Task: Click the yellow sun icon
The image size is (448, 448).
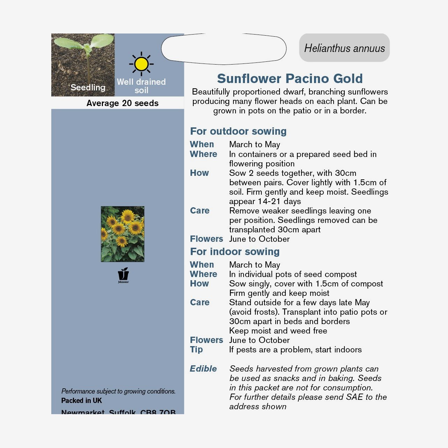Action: coord(141,64)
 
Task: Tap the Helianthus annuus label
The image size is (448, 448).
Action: coord(344,48)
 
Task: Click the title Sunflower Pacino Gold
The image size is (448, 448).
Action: coord(290,79)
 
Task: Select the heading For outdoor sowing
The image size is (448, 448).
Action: coord(238,131)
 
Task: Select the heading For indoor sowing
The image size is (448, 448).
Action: coord(234,252)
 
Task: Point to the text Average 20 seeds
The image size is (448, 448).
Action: coord(122,103)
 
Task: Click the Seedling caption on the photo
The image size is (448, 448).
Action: coord(88,87)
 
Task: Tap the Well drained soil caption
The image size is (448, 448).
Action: coord(141,86)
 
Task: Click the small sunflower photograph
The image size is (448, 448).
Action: coord(122,234)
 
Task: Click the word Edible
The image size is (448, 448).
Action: coord(203,369)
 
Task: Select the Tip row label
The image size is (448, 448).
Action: coord(196,350)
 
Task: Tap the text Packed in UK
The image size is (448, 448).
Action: coord(82,401)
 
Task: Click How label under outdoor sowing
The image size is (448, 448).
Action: coord(199,173)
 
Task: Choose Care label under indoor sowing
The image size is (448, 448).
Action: coord(200,303)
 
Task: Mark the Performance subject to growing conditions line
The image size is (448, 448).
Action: coord(118,391)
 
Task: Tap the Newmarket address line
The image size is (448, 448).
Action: coord(118,412)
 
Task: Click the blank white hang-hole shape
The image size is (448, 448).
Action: coord(223,49)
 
